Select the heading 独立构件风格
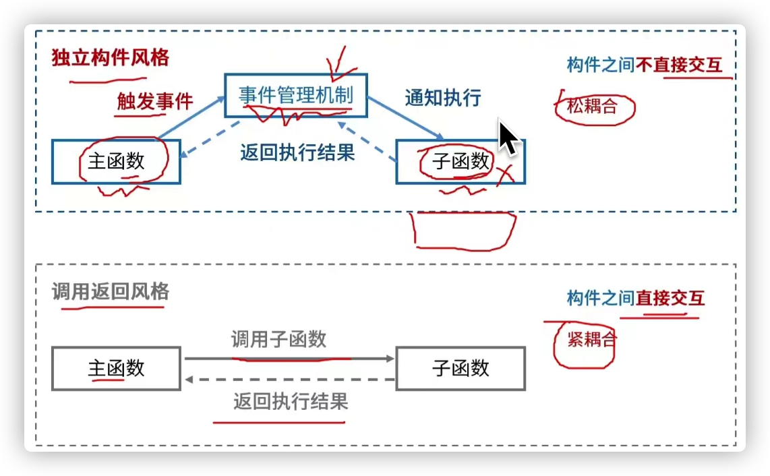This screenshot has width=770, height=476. [x=111, y=58]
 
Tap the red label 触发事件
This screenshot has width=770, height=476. [x=155, y=101]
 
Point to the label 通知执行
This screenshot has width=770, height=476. [x=443, y=98]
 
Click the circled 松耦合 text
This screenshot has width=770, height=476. [x=592, y=106]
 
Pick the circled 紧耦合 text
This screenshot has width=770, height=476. [x=592, y=339]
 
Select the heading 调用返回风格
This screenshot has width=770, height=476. [x=111, y=292]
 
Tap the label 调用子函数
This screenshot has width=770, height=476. [x=279, y=339]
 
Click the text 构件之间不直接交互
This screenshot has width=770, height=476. [x=645, y=65]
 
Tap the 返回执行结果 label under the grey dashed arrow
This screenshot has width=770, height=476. [x=291, y=402]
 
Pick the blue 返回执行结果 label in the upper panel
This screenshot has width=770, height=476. [x=297, y=153]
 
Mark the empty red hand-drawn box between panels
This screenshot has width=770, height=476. [x=415, y=231]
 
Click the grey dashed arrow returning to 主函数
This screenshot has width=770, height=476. [x=290, y=379]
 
